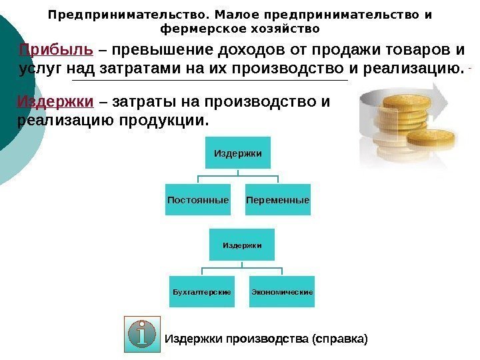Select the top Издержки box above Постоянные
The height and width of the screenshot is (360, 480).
coord(237,154)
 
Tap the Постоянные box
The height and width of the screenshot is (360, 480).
coord(198,200)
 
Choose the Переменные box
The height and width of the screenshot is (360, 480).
coord(277,200)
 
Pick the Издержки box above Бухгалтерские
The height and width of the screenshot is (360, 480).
coord(242,245)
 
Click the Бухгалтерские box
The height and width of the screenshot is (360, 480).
coord(202,292)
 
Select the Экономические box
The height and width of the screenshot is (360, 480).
coord(282,292)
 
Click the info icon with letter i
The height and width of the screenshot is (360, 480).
coord(142,334)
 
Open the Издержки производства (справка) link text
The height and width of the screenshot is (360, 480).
coord(266,339)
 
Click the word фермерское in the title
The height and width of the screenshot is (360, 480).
coord(200,29)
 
